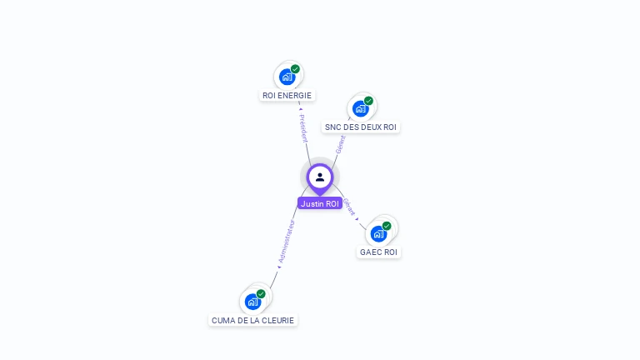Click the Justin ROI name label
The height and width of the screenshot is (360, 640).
point(320,203)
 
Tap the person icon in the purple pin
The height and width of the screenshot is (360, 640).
point(320,177)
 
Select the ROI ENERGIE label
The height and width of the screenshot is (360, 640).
point(287,95)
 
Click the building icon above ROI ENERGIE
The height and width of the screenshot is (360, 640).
point(287,77)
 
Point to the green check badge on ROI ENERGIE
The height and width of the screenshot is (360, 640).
point(295,69)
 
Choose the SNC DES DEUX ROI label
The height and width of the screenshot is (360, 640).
point(361,127)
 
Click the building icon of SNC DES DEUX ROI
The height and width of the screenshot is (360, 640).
point(360,108)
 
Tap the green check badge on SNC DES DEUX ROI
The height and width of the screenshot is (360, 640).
point(368,101)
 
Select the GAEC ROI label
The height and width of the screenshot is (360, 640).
point(378,252)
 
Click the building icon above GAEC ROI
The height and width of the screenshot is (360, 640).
point(378,233)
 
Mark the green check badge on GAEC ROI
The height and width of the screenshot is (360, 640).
point(387,226)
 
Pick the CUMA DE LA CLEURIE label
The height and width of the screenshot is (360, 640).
point(252,320)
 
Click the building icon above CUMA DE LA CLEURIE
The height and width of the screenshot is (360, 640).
point(252,302)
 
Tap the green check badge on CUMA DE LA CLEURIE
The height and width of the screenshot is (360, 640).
point(261,294)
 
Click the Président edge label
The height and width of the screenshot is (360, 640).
point(303,127)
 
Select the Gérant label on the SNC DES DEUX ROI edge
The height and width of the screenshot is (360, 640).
point(340,144)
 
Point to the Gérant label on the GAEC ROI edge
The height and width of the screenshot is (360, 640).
point(349,207)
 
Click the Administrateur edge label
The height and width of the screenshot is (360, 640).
point(285,242)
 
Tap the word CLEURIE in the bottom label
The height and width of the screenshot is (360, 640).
point(278,320)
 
